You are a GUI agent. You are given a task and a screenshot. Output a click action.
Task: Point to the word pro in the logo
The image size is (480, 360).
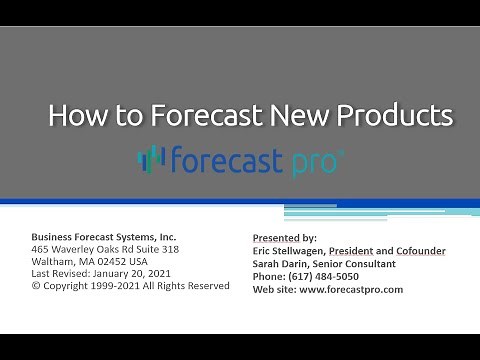(309, 160)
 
